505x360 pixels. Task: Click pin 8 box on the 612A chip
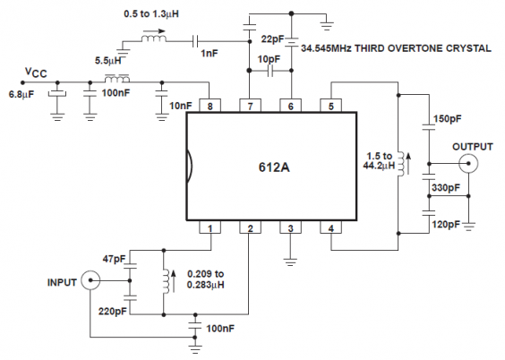(209, 105)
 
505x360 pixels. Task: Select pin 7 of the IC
(249, 105)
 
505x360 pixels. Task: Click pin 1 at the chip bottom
(209, 229)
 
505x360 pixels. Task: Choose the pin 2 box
(249, 229)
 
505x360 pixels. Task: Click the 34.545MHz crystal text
(396, 47)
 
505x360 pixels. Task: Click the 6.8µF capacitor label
(23, 93)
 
